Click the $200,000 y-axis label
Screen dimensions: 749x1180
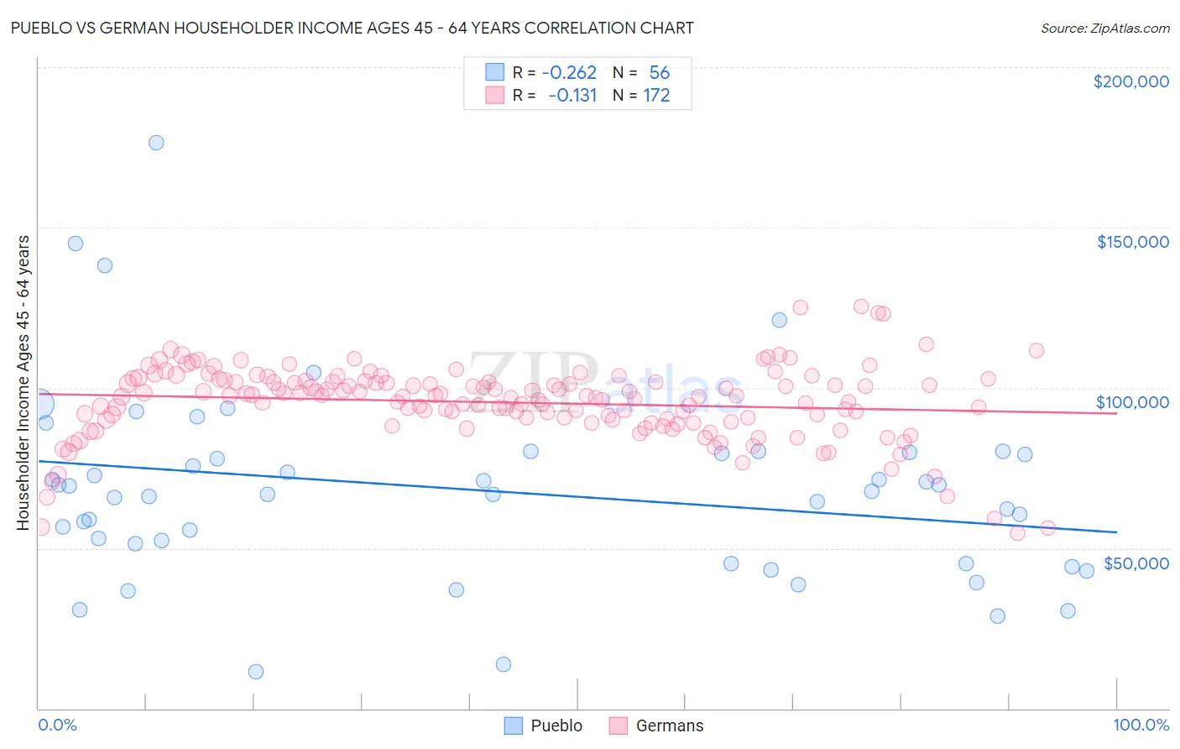coord(1130,81)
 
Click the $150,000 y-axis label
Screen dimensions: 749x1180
coord(1132,242)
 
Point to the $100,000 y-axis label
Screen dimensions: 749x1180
coord(1132,402)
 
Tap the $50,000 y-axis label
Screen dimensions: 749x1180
coord(1136,563)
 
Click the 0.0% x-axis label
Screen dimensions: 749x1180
coord(57,725)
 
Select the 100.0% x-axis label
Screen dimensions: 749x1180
coord(1141,725)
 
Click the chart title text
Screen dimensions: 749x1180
coord(352,28)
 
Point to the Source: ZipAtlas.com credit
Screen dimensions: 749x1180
coord(1104,28)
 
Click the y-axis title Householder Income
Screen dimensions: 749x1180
coord(23,383)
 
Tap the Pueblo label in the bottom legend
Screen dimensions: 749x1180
coord(556,725)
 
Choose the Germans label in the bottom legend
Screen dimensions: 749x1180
coord(670,725)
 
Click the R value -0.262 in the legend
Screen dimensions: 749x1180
coord(569,73)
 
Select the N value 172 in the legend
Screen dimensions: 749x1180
coord(656,96)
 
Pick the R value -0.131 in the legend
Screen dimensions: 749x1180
coord(572,96)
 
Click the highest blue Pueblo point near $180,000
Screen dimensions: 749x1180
coord(156,143)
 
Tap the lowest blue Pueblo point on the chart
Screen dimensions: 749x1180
coord(256,672)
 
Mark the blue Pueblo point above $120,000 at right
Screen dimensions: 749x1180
coord(780,320)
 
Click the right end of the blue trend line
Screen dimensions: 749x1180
coord(1116,532)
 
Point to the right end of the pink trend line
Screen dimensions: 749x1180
coord(1116,414)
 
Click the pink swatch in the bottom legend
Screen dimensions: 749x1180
coord(619,725)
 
